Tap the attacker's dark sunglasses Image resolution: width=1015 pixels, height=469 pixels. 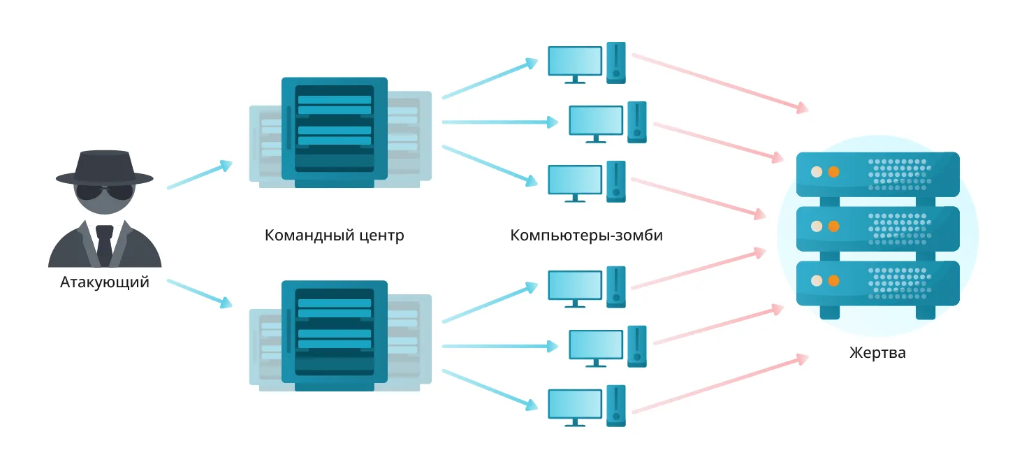pos(104,192)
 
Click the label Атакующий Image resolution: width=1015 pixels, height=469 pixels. pos(104,283)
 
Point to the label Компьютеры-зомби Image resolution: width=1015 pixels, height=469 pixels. pos(586,235)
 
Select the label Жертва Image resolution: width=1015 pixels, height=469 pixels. pos(877,352)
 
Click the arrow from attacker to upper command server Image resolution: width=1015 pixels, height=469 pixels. pos(199,176)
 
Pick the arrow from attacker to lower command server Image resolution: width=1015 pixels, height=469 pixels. pos(199,293)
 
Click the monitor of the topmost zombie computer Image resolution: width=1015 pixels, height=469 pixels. pos(574,62)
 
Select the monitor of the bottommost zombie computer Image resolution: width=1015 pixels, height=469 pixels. pos(574,405)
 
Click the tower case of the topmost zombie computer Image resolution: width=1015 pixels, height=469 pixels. pos(615,63)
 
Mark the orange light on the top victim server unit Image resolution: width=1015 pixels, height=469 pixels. pos(833,172)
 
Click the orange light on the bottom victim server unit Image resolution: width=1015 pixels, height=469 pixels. pos(833,280)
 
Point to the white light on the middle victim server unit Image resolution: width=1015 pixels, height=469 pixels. pos(815,226)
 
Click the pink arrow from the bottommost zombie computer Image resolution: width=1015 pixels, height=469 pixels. pos(720,384)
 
